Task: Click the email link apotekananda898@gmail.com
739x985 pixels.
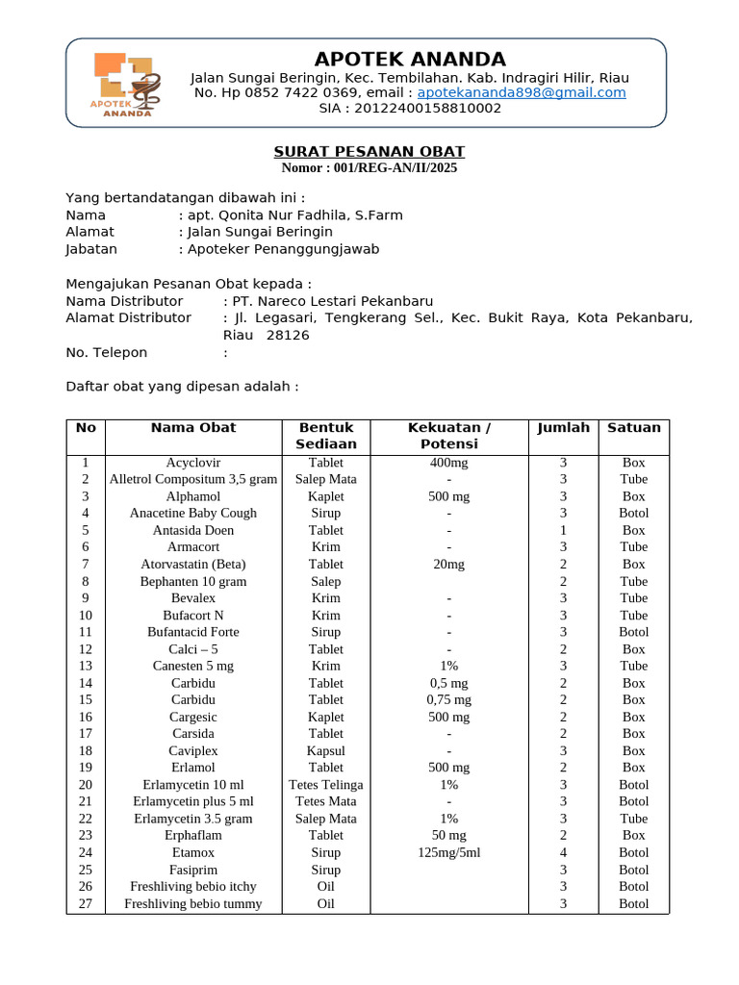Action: pyautogui.click(x=522, y=93)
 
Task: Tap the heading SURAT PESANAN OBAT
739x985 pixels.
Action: pyautogui.click(x=369, y=152)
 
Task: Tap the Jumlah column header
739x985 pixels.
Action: pyautogui.click(x=563, y=428)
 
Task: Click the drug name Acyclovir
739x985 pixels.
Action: pyautogui.click(x=193, y=463)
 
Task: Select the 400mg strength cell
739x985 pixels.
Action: pyautogui.click(x=448, y=463)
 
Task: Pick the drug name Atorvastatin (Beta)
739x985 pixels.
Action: pyautogui.click(x=193, y=565)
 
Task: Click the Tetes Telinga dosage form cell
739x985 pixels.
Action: pyautogui.click(x=326, y=785)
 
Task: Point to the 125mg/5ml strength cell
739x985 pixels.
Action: pyautogui.click(x=448, y=853)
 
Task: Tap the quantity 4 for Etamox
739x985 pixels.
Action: pyautogui.click(x=563, y=853)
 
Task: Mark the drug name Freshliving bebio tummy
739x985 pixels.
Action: pyautogui.click(x=193, y=904)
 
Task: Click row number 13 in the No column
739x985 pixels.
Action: pyautogui.click(x=86, y=666)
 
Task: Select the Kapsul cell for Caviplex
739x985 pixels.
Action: pyautogui.click(x=326, y=751)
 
